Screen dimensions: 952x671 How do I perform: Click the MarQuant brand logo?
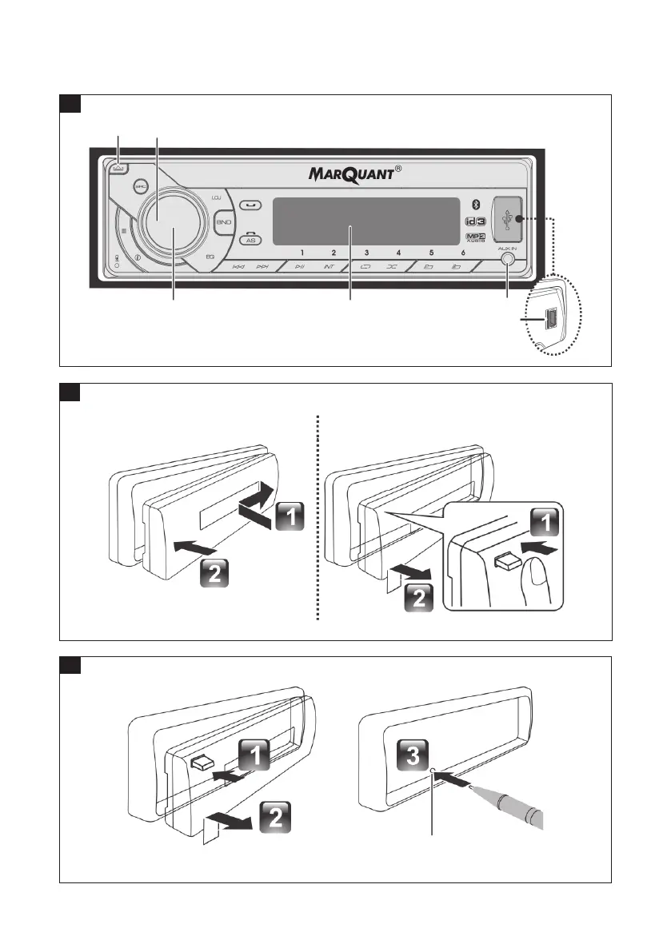pyautogui.click(x=353, y=173)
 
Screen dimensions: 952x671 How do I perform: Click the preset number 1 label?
pyautogui.click(x=302, y=252)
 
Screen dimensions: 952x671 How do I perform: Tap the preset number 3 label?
pyautogui.click(x=366, y=252)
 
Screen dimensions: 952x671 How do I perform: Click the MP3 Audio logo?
pyautogui.click(x=475, y=238)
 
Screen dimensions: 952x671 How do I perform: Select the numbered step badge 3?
pyautogui.click(x=412, y=756)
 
